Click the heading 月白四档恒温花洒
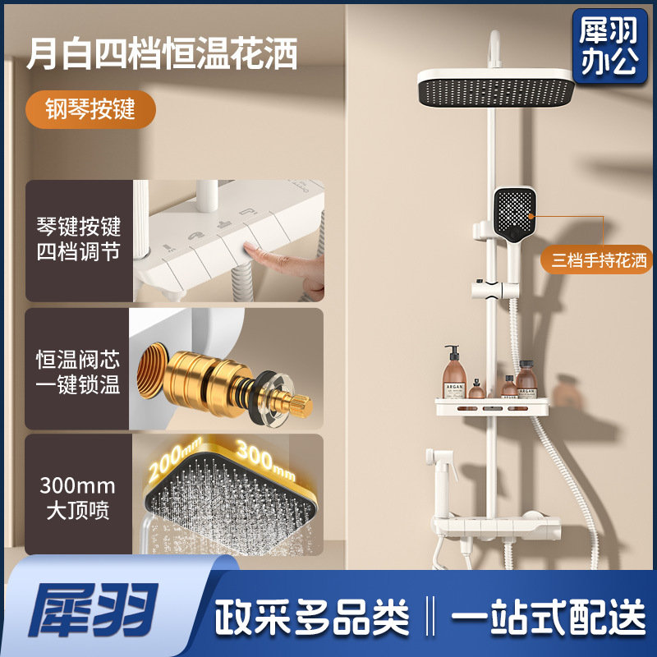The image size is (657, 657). pyautogui.click(x=162, y=53)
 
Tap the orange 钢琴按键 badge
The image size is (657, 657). pyautogui.click(x=90, y=109)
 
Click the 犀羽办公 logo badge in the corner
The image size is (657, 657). pyautogui.click(x=609, y=46)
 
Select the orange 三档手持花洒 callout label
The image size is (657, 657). pyautogui.click(x=598, y=260)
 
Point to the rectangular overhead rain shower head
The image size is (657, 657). pyautogui.click(x=497, y=88)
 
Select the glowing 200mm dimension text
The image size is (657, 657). pyautogui.click(x=175, y=458)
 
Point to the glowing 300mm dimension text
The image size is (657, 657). pyautogui.click(x=265, y=460)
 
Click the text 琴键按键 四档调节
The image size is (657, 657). pyautogui.click(x=78, y=239)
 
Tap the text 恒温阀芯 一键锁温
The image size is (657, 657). pyautogui.click(x=78, y=372)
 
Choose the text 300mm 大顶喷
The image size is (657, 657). pyautogui.click(x=77, y=498)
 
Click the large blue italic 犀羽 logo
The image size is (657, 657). pyautogui.click(x=93, y=609)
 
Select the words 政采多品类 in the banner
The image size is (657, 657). pyautogui.click(x=312, y=617)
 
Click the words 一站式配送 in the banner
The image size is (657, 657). pyautogui.click(x=549, y=617)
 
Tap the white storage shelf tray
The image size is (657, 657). pyautogui.click(x=492, y=407)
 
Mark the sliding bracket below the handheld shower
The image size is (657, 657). pyautogui.click(x=495, y=290)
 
